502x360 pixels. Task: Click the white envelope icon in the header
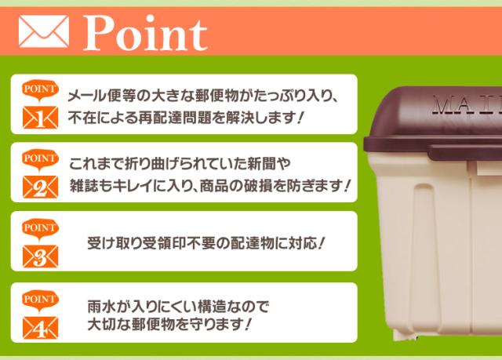pos(44,31)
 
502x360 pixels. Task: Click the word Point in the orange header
pos(146,33)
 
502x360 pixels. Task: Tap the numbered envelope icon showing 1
pos(40,118)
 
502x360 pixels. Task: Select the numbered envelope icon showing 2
pos(40,187)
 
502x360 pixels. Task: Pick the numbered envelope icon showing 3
pos(40,256)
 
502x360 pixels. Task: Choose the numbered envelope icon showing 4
pos(40,328)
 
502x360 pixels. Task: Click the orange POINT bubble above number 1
pos(40,90)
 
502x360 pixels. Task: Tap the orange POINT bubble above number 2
pos(40,160)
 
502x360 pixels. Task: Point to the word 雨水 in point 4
pos(101,307)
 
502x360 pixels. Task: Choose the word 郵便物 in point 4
pos(153,325)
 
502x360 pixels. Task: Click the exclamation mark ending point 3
pos(322,244)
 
